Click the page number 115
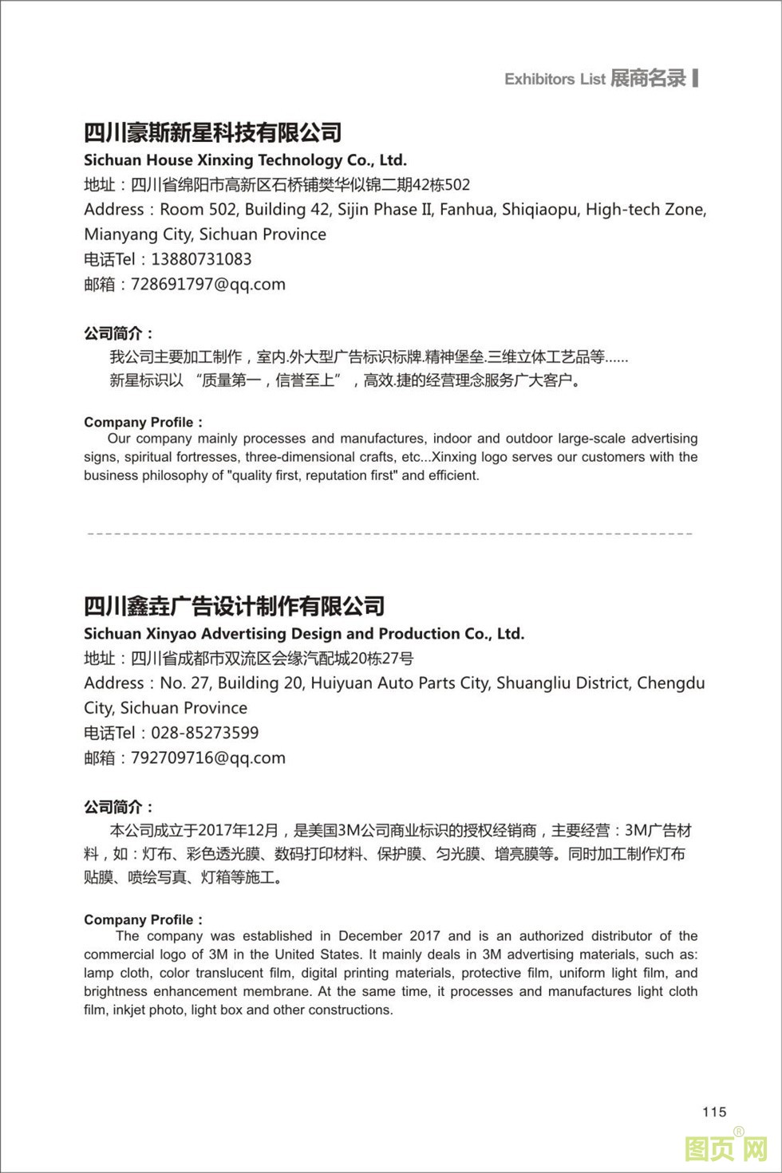pos(714,1112)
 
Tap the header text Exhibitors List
pos(555,79)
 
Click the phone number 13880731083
pos(201,259)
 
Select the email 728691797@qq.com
pos(207,284)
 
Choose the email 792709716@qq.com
pos(207,758)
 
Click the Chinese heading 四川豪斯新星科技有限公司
pos(213,132)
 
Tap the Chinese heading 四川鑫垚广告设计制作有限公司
pos(235,606)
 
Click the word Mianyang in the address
pos(119,234)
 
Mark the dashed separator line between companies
pos(389,533)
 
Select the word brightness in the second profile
pos(116,991)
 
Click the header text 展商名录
pos(648,78)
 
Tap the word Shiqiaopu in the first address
pos(539,210)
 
